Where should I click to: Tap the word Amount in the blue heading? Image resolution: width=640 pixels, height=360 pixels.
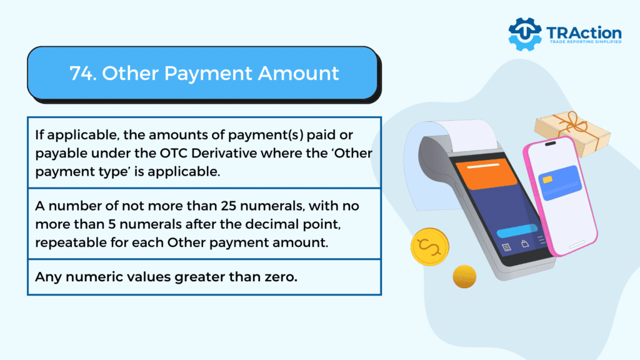click(x=298, y=74)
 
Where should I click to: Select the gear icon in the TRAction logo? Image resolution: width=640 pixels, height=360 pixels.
click(x=525, y=34)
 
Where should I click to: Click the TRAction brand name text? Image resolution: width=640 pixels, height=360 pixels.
click(x=584, y=33)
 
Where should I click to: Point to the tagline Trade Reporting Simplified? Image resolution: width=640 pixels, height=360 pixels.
click(x=586, y=42)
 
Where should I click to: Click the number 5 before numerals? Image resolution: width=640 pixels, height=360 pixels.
click(x=111, y=224)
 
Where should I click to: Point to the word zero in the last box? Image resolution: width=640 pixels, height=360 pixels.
click(x=281, y=277)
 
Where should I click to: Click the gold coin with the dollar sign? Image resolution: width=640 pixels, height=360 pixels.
click(x=430, y=247)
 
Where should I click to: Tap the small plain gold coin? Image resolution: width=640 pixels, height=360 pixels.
click(x=464, y=276)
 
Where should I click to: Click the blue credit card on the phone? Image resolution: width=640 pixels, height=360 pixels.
click(x=560, y=182)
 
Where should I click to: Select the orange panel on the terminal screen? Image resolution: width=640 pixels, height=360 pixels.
click(x=486, y=174)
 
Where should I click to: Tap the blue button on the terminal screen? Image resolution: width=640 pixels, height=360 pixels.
click(x=517, y=231)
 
